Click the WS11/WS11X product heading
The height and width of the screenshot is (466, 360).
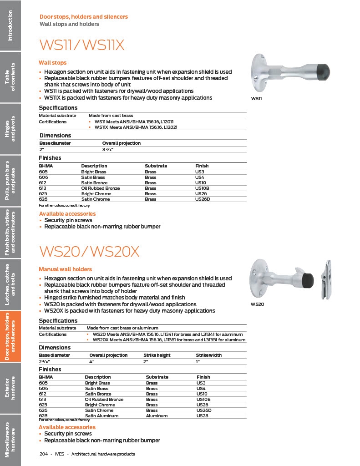[x=82, y=46]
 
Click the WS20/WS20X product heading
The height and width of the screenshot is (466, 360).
[x=89, y=252]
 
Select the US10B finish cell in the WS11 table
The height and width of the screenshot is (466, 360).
[x=202, y=188]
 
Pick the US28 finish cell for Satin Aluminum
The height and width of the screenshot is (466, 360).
[x=203, y=415]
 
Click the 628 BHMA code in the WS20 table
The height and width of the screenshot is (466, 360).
[x=43, y=415]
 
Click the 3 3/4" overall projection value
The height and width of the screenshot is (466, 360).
[x=107, y=149]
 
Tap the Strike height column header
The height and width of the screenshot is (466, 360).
[x=157, y=355]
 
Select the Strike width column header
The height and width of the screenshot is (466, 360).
[x=209, y=355]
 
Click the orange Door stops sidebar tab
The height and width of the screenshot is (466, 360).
[x=10, y=336]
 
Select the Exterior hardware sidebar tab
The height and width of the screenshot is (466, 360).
[x=10, y=388]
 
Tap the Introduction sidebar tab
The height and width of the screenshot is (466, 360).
[x=10, y=25]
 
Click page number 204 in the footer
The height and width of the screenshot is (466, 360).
[x=44, y=454]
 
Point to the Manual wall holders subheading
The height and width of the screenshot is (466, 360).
[x=65, y=269]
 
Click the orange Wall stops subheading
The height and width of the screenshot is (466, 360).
[x=52, y=63]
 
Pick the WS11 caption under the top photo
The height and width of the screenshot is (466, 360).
[x=256, y=98]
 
